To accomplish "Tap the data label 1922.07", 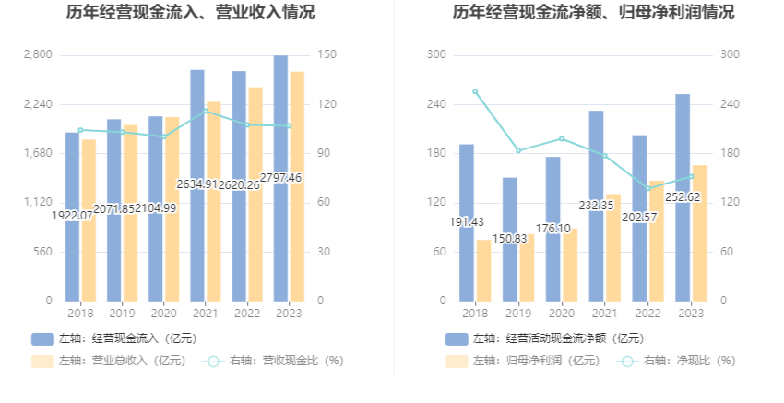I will [71, 215].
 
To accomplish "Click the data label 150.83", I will [510, 239].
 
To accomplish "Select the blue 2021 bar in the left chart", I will [197, 184].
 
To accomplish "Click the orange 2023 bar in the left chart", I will [297, 184].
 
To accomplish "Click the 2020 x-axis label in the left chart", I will [156, 314].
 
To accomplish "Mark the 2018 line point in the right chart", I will [475, 91].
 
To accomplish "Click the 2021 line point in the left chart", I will [206, 111].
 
